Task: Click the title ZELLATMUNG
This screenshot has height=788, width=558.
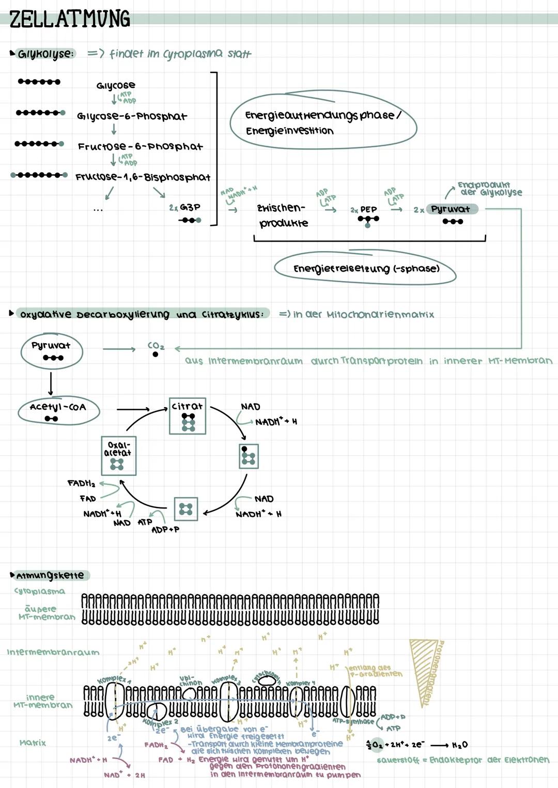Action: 70,19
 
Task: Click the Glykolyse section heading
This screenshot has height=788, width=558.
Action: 45,54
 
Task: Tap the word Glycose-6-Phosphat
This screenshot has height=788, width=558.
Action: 132,116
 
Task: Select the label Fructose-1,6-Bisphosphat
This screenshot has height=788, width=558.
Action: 143,177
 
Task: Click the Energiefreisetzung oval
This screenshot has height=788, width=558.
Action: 365,269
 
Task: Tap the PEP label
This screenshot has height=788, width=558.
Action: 368,209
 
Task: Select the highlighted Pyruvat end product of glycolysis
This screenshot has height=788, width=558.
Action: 451,209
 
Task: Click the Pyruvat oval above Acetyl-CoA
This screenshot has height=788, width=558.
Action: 51,350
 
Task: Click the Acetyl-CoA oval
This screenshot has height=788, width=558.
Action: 58,410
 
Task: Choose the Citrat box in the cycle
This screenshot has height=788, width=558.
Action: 188,415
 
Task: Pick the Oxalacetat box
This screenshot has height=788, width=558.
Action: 118,455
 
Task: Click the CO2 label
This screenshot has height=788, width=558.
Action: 156,346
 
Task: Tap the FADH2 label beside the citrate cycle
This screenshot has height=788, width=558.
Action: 81,484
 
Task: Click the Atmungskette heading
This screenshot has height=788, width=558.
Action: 50,575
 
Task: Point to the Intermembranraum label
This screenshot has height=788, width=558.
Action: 53,652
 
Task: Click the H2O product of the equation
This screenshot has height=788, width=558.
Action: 459,745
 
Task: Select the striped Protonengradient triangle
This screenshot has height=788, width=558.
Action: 424,667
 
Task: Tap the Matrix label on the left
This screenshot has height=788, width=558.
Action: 33,743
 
